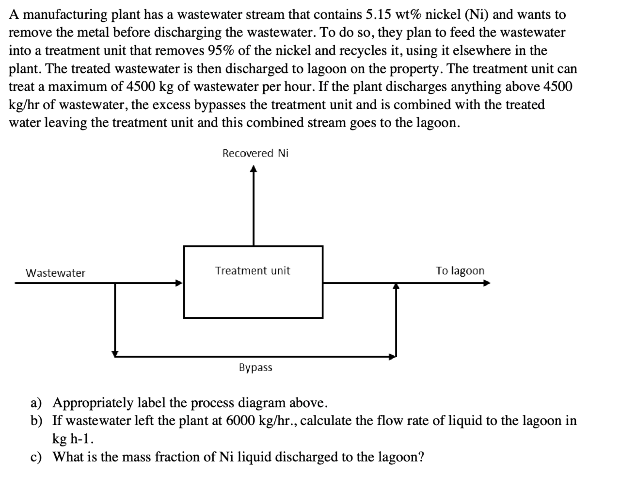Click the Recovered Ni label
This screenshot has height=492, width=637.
tap(255, 153)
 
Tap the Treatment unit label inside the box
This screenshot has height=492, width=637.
tap(252, 271)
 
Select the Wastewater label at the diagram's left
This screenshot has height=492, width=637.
tap(55, 273)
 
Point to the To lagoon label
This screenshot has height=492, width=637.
tap(460, 271)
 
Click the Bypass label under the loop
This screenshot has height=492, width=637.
tap(255, 368)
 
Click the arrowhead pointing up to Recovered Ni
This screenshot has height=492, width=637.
tap(253, 169)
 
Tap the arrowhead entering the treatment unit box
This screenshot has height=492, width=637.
tap(179, 282)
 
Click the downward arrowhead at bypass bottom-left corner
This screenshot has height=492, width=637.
tap(115, 352)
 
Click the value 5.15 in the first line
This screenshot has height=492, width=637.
tap(378, 15)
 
